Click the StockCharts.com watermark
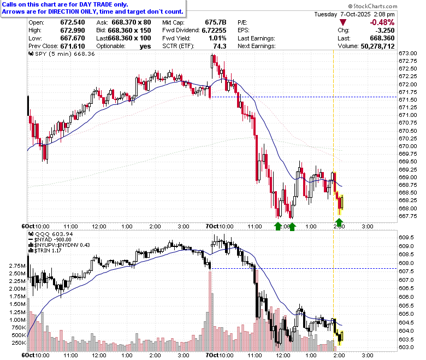(x=372, y=6)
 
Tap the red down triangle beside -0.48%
(x=343, y=22)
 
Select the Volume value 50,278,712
(x=377, y=46)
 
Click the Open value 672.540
(x=73, y=22)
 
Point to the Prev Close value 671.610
(x=73, y=46)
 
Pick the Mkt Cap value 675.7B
(x=216, y=22)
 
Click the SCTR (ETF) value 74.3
(x=220, y=46)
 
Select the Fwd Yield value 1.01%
(x=217, y=38)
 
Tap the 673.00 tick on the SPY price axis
(x=408, y=53)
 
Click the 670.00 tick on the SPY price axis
(x=408, y=146)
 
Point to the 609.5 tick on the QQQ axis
(x=406, y=238)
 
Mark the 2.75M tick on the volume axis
(x=17, y=265)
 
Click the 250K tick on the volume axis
(x=19, y=343)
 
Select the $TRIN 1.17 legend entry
(x=45, y=251)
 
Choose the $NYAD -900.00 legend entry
(x=50, y=240)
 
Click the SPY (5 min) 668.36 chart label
(x=62, y=54)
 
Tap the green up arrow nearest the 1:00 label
(x=292, y=227)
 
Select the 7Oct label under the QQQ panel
(x=212, y=355)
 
